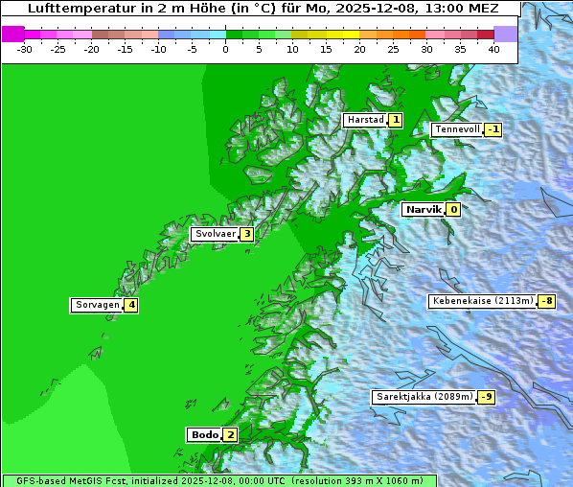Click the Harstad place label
[365, 120]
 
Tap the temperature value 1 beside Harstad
[395, 120]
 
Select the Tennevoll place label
[457, 129]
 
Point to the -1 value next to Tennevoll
[493, 129]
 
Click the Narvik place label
[423, 209]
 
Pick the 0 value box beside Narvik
[453, 209]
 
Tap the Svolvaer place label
[215, 234]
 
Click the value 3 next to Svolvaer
[246, 234]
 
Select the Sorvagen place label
[97, 305]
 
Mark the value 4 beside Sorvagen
[131, 305]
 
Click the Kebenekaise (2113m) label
[482, 301]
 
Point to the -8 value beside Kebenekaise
[546, 301]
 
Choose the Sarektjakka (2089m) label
[424, 397]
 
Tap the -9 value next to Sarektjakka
[487, 397]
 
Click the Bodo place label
[205, 434]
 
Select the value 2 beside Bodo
[230, 434]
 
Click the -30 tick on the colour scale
[25, 48]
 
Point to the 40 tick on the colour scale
[493, 48]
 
